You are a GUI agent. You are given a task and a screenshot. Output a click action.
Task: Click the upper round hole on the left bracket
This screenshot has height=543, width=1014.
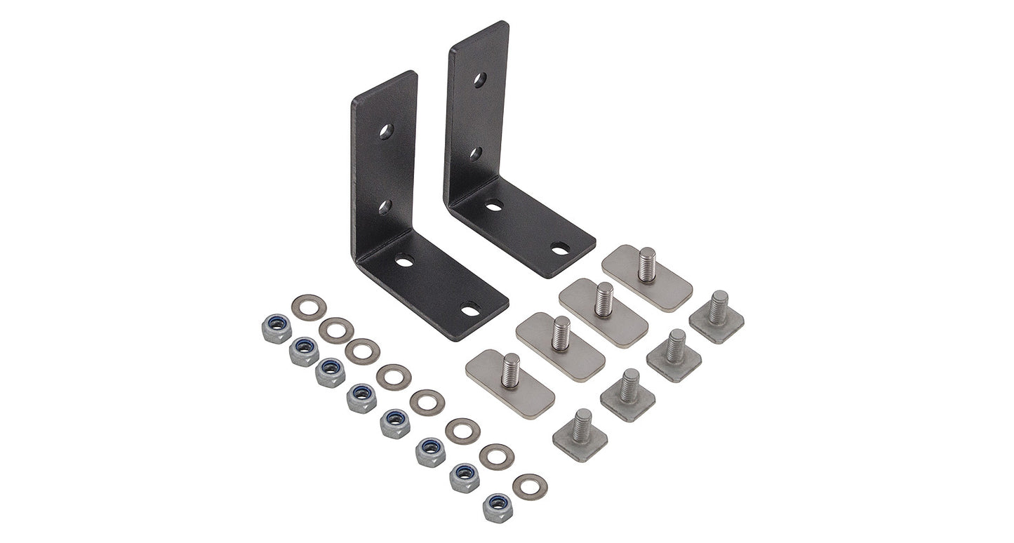point(386,131)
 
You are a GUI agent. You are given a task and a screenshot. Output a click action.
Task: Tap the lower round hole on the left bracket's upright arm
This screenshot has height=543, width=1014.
point(385,207)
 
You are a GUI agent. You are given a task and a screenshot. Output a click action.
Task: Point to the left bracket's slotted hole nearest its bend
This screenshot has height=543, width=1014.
point(404,260)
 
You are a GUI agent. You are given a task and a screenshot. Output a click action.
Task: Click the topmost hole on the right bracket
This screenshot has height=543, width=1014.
point(480,80)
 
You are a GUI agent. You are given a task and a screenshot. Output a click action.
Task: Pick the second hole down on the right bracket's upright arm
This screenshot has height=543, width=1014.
point(476,154)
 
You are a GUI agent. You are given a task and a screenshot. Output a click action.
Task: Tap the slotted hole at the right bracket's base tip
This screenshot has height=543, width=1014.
point(560,248)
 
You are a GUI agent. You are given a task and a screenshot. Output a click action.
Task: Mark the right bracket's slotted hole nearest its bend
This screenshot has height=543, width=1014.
point(494,205)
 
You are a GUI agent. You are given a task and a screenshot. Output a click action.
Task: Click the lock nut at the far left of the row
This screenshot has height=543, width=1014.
point(276,328)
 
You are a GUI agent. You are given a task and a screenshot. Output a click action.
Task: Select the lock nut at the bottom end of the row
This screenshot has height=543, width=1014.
point(498,507)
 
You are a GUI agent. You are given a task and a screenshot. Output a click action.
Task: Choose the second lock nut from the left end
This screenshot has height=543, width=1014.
point(304,351)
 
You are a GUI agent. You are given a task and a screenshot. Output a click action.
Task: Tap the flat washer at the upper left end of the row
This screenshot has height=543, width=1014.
point(308,307)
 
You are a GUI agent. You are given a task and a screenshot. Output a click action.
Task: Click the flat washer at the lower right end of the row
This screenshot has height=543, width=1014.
point(530,487)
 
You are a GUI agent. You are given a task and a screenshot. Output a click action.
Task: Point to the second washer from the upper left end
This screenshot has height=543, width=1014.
point(336,330)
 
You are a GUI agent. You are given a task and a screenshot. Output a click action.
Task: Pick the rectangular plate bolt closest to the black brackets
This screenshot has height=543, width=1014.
point(646,276)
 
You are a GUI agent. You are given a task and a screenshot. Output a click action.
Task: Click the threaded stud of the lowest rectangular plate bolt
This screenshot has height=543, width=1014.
point(510,370)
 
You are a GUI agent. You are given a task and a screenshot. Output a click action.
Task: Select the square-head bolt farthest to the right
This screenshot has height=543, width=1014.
point(716,316)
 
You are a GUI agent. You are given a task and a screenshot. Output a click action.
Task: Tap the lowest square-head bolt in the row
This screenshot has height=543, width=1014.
point(580,435)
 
